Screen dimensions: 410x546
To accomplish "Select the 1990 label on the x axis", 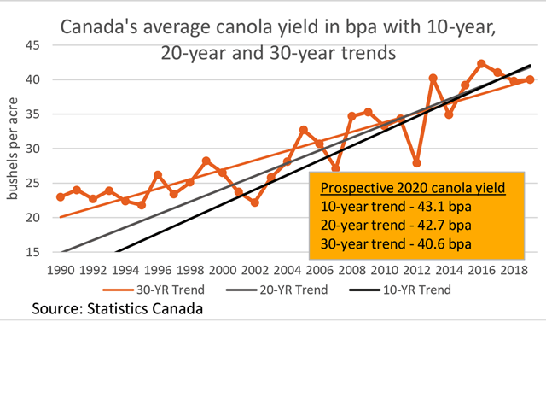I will [x=61, y=270].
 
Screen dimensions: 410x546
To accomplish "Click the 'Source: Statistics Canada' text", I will [x=119, y=307].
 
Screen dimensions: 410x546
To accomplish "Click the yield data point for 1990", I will [x=61, y=196].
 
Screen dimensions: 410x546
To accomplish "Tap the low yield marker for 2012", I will [x=416, y=162].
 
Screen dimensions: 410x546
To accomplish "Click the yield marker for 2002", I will [x=254, y=202].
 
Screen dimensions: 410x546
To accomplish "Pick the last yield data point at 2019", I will [x=530, y=79].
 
